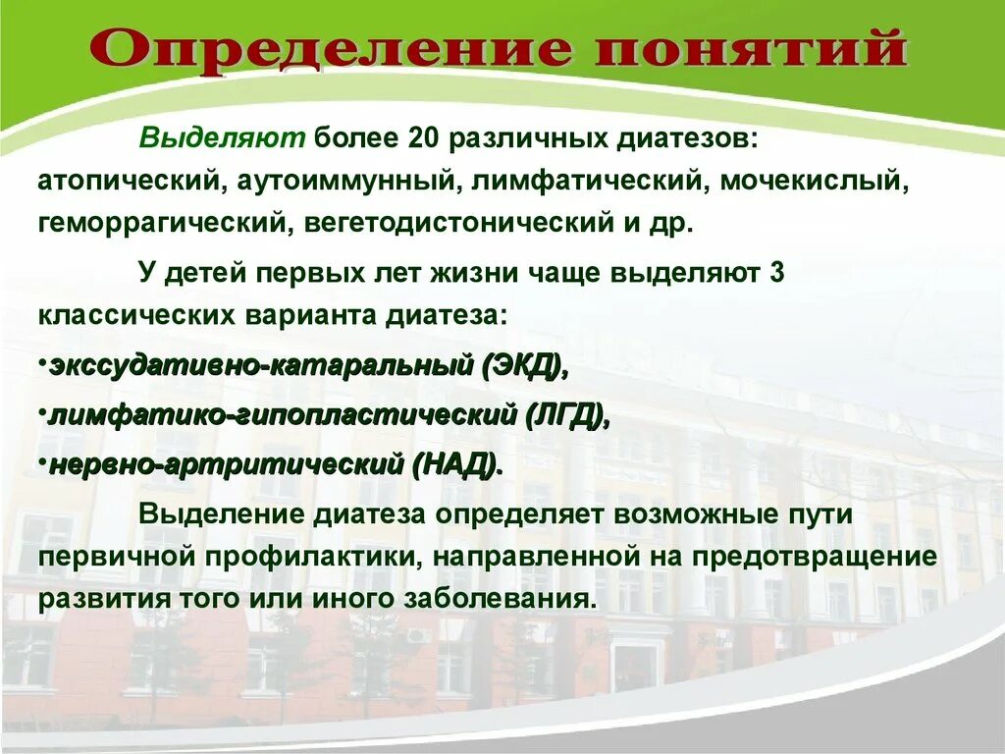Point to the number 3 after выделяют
pos(776,274)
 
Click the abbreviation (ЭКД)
pos(524,367)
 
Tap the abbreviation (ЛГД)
pos(564,414)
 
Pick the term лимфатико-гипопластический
pos(280,414)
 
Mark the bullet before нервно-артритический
pos(41,457)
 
